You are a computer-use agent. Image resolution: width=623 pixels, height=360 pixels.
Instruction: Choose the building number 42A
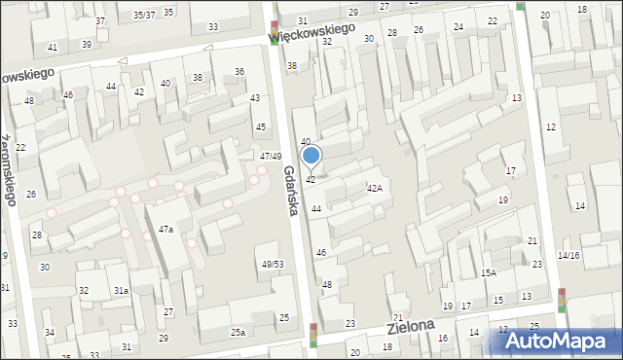coord(374,188)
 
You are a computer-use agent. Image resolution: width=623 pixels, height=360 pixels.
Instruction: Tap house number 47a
coord(165,229)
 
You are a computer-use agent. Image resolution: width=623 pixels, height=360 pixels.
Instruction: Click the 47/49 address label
coord(271,157)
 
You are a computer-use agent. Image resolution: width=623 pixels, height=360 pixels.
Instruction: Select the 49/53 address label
coord(273,265)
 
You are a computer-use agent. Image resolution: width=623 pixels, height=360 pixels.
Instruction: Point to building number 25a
coord(238,333)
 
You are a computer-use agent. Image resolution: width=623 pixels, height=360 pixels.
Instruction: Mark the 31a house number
coord(121,291)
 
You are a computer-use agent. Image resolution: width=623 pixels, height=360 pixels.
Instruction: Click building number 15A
coord(488,273)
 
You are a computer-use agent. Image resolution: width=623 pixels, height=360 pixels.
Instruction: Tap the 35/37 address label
coord(144,15)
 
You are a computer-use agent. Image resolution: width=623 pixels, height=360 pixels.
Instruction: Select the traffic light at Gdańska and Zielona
coord(313,335)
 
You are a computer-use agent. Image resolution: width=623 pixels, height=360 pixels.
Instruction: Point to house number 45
coord(260,127)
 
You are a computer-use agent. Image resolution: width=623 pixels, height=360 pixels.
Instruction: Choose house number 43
coord(255,98)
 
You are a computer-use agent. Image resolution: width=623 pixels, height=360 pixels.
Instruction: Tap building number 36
coord(239,71)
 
